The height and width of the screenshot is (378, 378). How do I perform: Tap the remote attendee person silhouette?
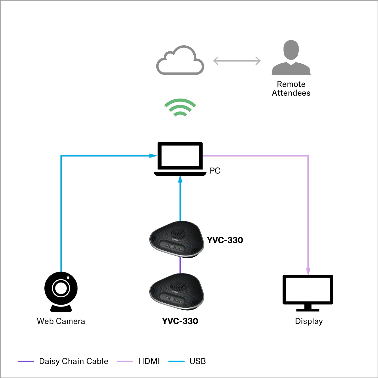[x=291, y=58]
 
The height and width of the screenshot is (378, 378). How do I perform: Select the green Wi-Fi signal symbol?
[x=180, y=107]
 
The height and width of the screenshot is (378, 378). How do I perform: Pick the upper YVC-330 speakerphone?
[x=176, y=239]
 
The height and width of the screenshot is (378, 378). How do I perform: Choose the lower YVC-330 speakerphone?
[x=176, y=291]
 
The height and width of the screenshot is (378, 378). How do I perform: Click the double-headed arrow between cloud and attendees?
[x=237, y=61]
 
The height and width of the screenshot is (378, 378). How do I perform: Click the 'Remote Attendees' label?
[x=291, y=89]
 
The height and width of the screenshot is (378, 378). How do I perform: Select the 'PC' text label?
[x=215, y=171]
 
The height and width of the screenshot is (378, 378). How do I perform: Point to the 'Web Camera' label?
[x=61, y=321]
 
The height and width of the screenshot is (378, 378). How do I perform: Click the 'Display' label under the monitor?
[x=309, y=321]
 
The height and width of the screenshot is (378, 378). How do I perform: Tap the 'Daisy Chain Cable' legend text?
[x=73, y=361]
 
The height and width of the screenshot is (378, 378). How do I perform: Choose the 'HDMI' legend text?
[x=149, y=361]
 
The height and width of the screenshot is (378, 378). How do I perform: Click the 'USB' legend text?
[x=198, y=361]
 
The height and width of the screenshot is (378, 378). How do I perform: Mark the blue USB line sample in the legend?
[x=176, y=361]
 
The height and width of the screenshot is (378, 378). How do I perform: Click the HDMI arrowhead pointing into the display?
[x=308, y=271]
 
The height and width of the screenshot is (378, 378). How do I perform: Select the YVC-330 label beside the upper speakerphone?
[x=225, y=240]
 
